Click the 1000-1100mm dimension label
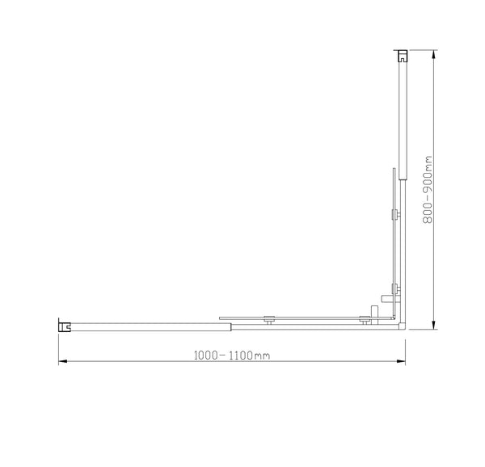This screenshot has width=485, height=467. point(230,354)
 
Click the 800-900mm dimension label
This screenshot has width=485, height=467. point(429,190)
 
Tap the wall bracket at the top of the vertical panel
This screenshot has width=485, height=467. point(401,57)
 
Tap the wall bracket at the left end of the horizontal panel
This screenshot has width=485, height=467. point(64,326)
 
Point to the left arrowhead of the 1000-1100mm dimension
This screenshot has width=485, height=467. point(61,361)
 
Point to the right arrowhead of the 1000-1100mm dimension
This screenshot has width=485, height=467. point(401,361)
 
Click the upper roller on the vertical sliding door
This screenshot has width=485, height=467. point(394,215)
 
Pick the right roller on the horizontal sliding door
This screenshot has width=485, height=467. point(365,320)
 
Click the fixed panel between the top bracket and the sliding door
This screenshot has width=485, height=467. point(401,121)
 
